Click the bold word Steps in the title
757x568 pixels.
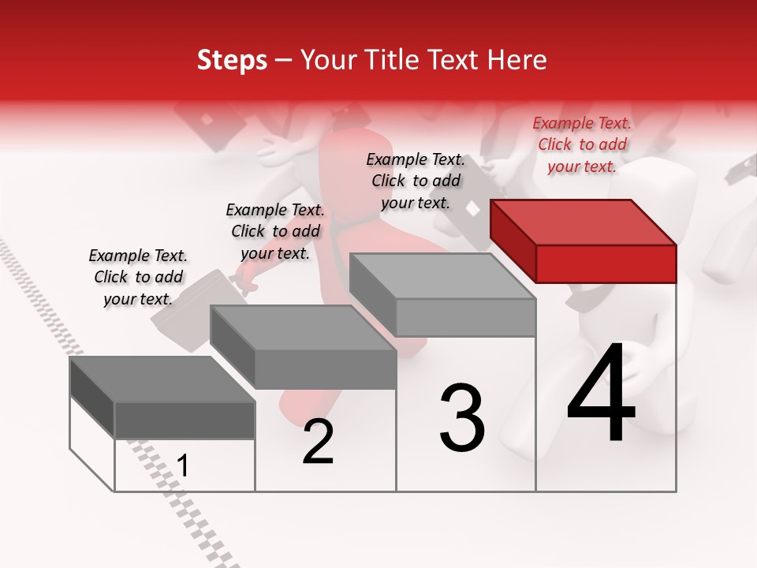232,60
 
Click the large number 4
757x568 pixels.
601,394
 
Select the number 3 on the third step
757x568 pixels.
462,418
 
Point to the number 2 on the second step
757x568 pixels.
318,443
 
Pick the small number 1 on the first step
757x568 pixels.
183,466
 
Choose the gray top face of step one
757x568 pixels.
162,379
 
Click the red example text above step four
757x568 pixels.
582,144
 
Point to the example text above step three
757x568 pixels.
416,181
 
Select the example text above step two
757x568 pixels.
275,231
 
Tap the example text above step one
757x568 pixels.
138,277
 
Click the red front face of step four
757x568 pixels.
606,263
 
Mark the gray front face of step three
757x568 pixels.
465,318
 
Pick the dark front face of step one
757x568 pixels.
185,420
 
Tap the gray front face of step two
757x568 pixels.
325,369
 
